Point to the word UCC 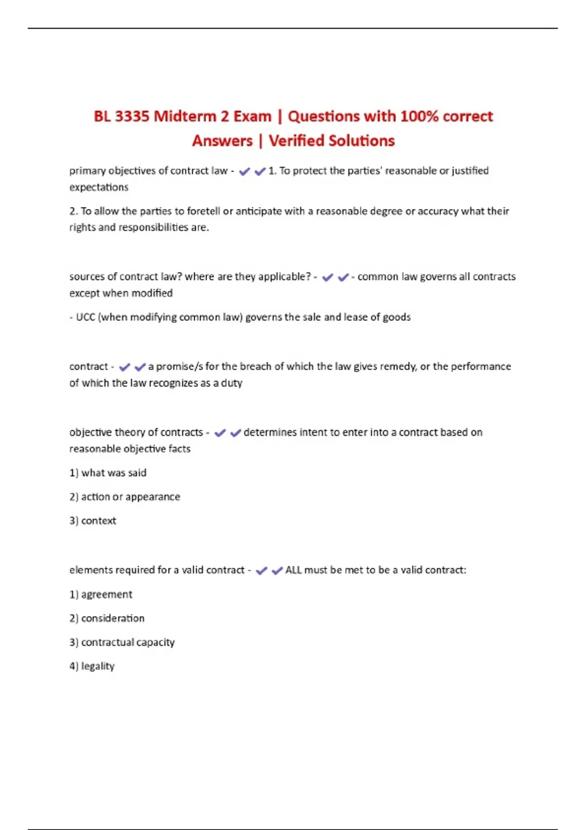click(x=85, y=317)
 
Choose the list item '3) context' click(x=93, y=521)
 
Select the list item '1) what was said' click(x=108, y=473)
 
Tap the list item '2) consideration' click(x=107, y=619)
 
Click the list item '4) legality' click(x=92, y=666)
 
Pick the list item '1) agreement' click(x=101, y=595)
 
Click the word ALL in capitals click(x=293, y=570)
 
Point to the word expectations click(x=99, y=187)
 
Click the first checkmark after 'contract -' click(x=125, y=367)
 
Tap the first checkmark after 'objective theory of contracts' click(x=220, y=433)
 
